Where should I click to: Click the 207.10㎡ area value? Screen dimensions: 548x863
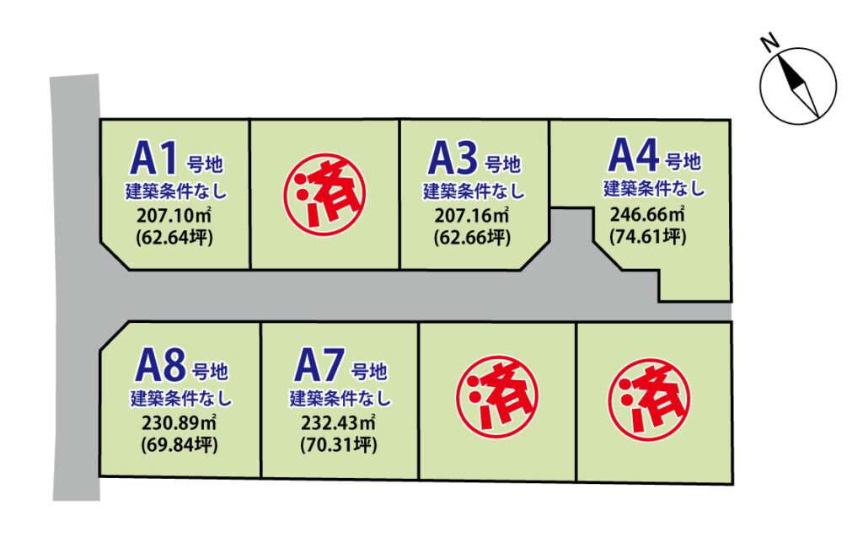[x=175, y=217]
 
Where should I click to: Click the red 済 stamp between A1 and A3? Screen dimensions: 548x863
[x=324, y=194]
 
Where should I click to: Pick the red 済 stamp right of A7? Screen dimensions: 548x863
[x=497, y=396]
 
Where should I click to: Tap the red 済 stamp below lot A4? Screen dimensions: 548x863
[x=649, y=400]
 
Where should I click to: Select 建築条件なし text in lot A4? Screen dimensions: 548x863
[x=654, y=188]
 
